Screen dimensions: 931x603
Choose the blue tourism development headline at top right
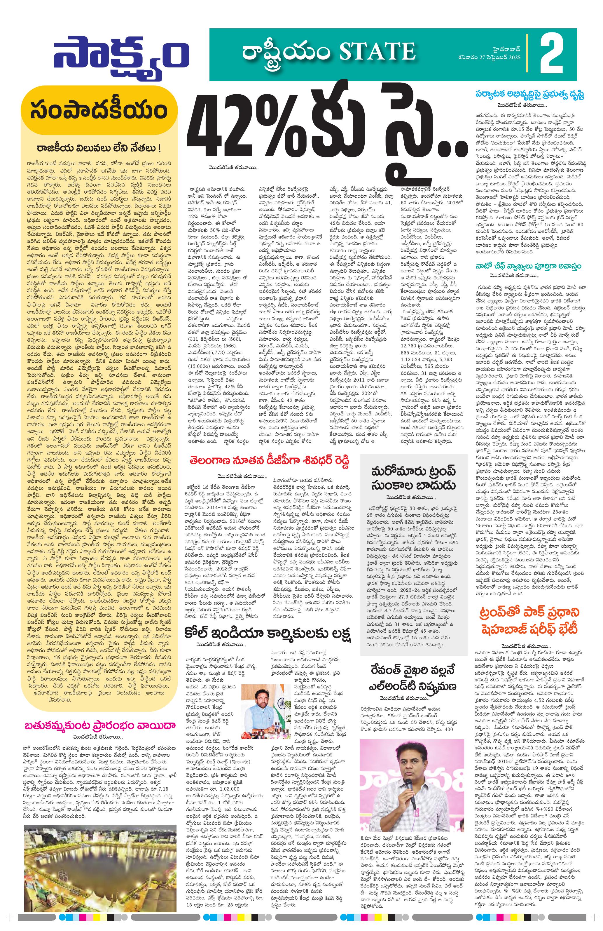pyautogui.click(x=531, y=94)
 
